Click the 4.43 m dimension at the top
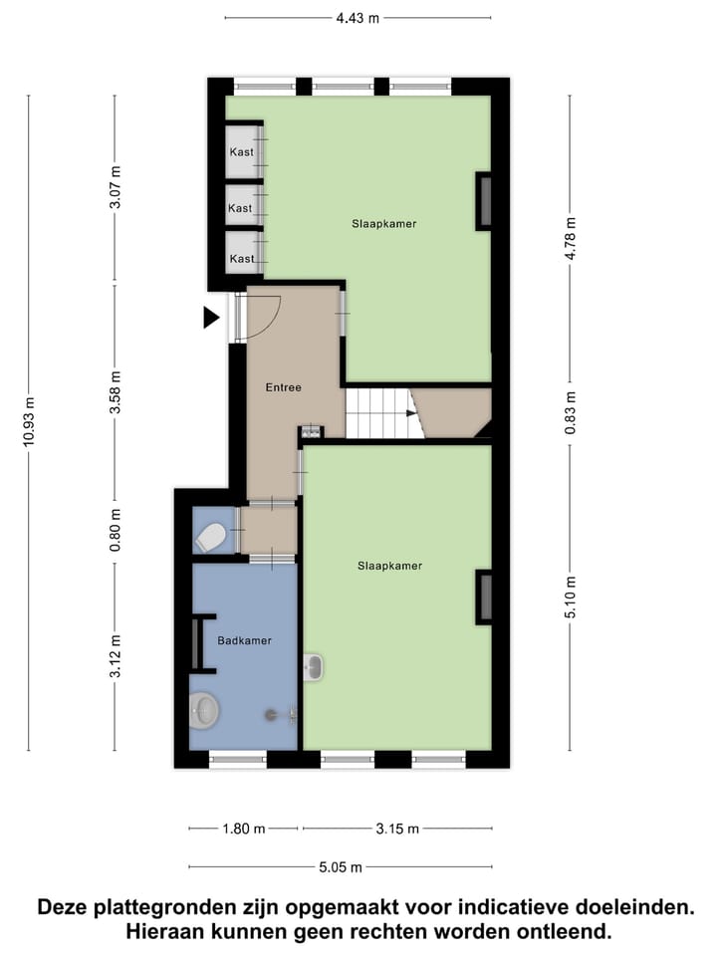coord(358,17)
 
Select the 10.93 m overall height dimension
coord(29,423)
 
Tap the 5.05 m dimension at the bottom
coord(340,866)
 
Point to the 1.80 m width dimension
coord(243,829)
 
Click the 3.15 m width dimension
coord(396,829)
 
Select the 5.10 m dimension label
coord(571,597)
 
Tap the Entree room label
coord(283,387)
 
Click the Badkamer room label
coord(244,640)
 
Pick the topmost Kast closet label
coord(241,152)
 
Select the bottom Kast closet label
coord(241,259)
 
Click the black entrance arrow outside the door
coord(210,318)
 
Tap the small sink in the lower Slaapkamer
coord(314,667)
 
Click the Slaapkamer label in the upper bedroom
coord(383,224)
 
